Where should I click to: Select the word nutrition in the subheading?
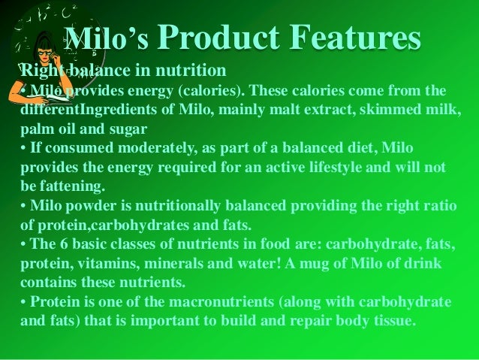pyautogui.click(x=194, y=72)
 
